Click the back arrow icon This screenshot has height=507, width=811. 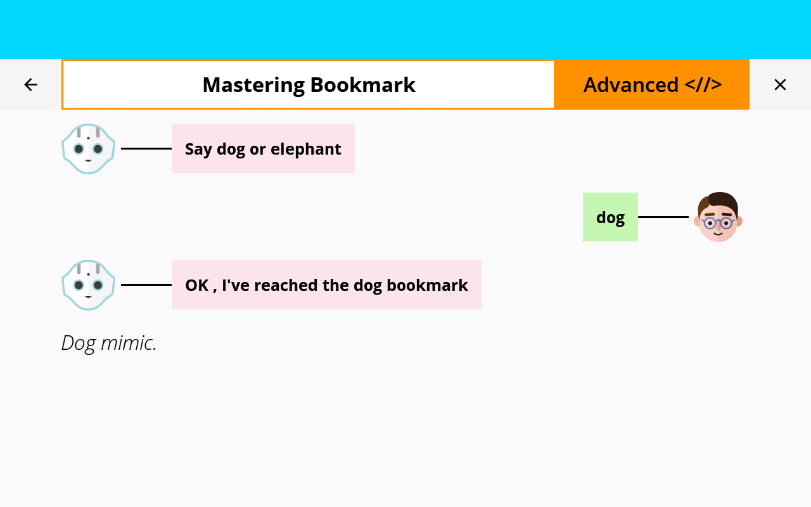click(31, 85)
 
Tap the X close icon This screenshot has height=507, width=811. click(780, 85)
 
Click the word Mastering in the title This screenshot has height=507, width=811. click(253, 86)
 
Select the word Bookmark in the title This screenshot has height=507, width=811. click(363, 85)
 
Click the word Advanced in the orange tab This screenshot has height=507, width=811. click(631, 85)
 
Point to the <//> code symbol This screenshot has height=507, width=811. click(703, 85)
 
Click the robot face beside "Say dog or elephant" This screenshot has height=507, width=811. click(88, 148)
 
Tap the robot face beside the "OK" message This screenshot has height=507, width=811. click(88, 285)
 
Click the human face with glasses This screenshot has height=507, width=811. click(718, 217)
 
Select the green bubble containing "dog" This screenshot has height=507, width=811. click(610, 217)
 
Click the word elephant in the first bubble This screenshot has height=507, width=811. click(306, 149)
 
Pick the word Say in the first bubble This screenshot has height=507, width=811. click(198, 149)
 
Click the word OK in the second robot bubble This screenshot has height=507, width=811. click(197, 285)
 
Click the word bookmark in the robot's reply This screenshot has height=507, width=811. click(427, 285)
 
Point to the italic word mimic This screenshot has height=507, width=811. click(129, 343)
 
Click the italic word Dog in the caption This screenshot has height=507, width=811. click(79, 343)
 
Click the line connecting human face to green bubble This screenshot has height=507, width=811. click(663, 217)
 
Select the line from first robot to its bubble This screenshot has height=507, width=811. click(146, 148)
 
